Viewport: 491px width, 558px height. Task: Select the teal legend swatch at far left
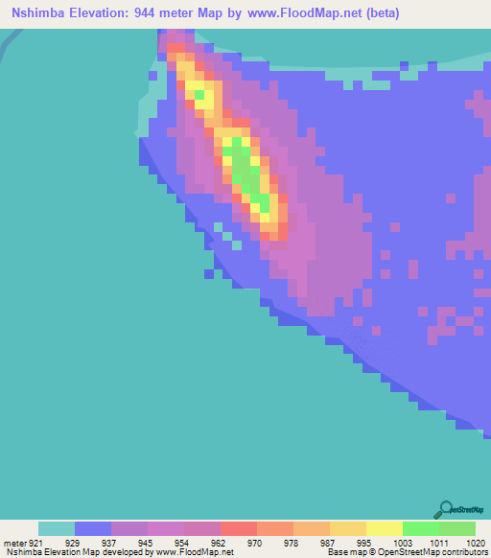[57, 528]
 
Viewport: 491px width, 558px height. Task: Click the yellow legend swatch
[385, 528]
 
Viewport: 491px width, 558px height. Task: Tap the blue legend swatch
[93, 528]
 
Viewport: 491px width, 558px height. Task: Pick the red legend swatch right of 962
[239, 528]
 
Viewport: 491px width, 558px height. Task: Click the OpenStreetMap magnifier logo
[446, 509]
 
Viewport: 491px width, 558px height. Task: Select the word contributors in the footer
[462, 553]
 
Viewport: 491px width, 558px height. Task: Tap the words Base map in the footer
[344, 553]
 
